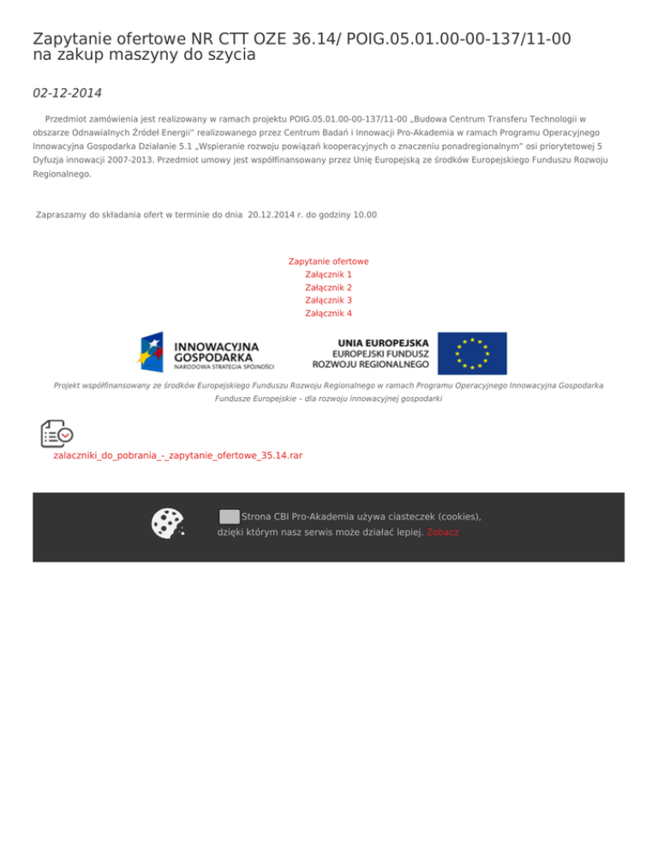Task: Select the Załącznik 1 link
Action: pyautogui.click(x=329, y=274)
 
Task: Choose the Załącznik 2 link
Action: pyautogui.click(x=329, y=288)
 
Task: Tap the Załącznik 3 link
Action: pyautogui.click(x=329, y=301)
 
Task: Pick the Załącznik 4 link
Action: pyautogui.click(x=329, y=314)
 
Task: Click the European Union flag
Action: pyautogui.click(x=472, y=353)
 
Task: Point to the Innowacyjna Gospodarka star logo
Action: pyautogui.click(x=151, y=351)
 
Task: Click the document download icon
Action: pyautogui.click(x=57, y=434)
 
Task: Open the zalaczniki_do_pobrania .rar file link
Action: pyautogui.click(x=178, y=456)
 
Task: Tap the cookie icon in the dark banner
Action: pyautogui.click(x=167, y=524)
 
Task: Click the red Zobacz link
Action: pyautogui.click(x=443, y=532)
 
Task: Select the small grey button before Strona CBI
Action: pyautogui.click(x=229, y=517)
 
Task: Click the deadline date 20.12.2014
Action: pyautogui.click(x=272, y=215)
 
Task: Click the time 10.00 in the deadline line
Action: pyautogui.click(x=365, y=215)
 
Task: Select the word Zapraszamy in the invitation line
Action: pyautogui.click(x=61, y=215)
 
